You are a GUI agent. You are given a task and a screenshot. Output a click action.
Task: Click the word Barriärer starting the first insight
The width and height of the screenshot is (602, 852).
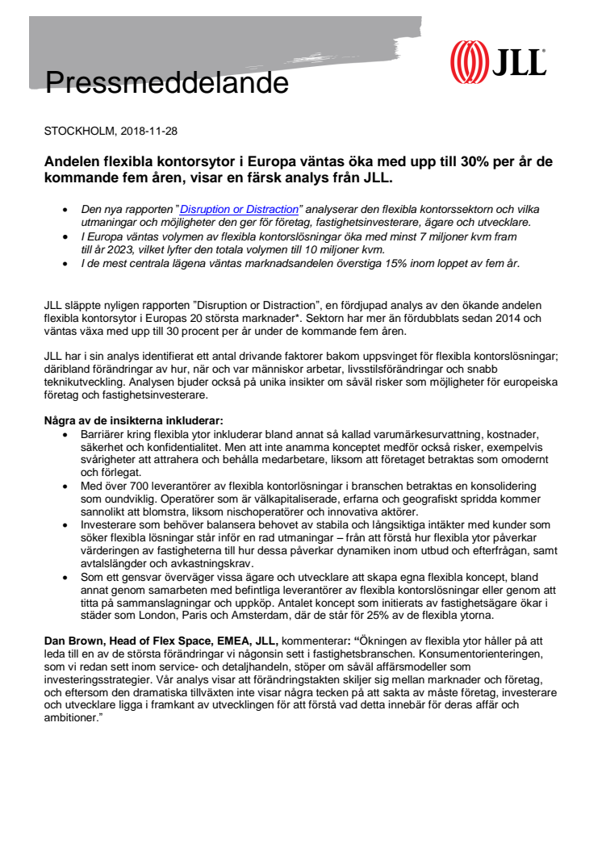point(103,432)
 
